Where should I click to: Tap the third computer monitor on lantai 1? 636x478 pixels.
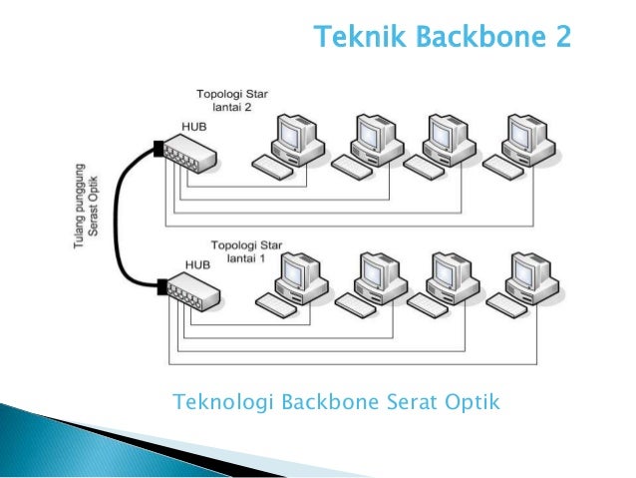pos(450,268)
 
